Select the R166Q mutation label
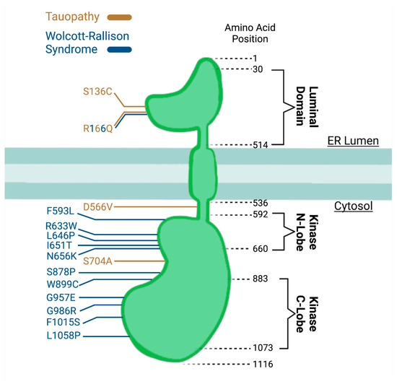(97, 129)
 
